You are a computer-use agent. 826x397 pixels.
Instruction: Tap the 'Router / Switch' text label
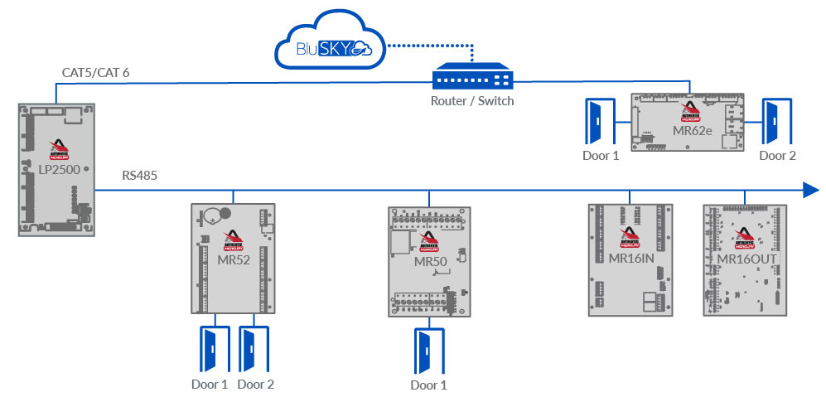point(472,101)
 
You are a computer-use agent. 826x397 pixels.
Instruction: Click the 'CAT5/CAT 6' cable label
point(95,73)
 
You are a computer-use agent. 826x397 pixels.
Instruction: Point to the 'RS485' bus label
point(139,176)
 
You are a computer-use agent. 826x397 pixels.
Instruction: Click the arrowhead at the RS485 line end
point(811,190)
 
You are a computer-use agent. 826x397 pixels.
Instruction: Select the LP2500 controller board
point(56,169)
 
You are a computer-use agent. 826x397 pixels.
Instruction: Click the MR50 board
point(429,261)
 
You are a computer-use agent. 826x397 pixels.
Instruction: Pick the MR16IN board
point(630,259)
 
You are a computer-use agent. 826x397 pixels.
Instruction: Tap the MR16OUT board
point(745,259)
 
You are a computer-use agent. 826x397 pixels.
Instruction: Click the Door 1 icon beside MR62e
point(597,121)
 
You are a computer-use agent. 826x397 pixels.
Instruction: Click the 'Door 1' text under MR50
point(429,385)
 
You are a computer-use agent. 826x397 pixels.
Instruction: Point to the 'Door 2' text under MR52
point(255,384)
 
